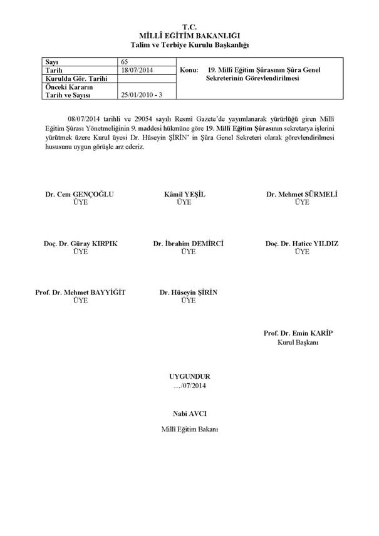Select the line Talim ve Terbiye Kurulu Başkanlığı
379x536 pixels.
click(189, 46)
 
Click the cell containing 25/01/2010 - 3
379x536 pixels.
click(140, 94)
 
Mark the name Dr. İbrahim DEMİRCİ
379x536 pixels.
click(188, 243)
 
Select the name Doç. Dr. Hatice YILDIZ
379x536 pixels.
click(302, 243)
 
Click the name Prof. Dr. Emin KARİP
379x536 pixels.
click(298, 334)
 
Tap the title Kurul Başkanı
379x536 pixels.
click(298, 343)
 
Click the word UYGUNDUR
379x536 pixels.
click(189, 376)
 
